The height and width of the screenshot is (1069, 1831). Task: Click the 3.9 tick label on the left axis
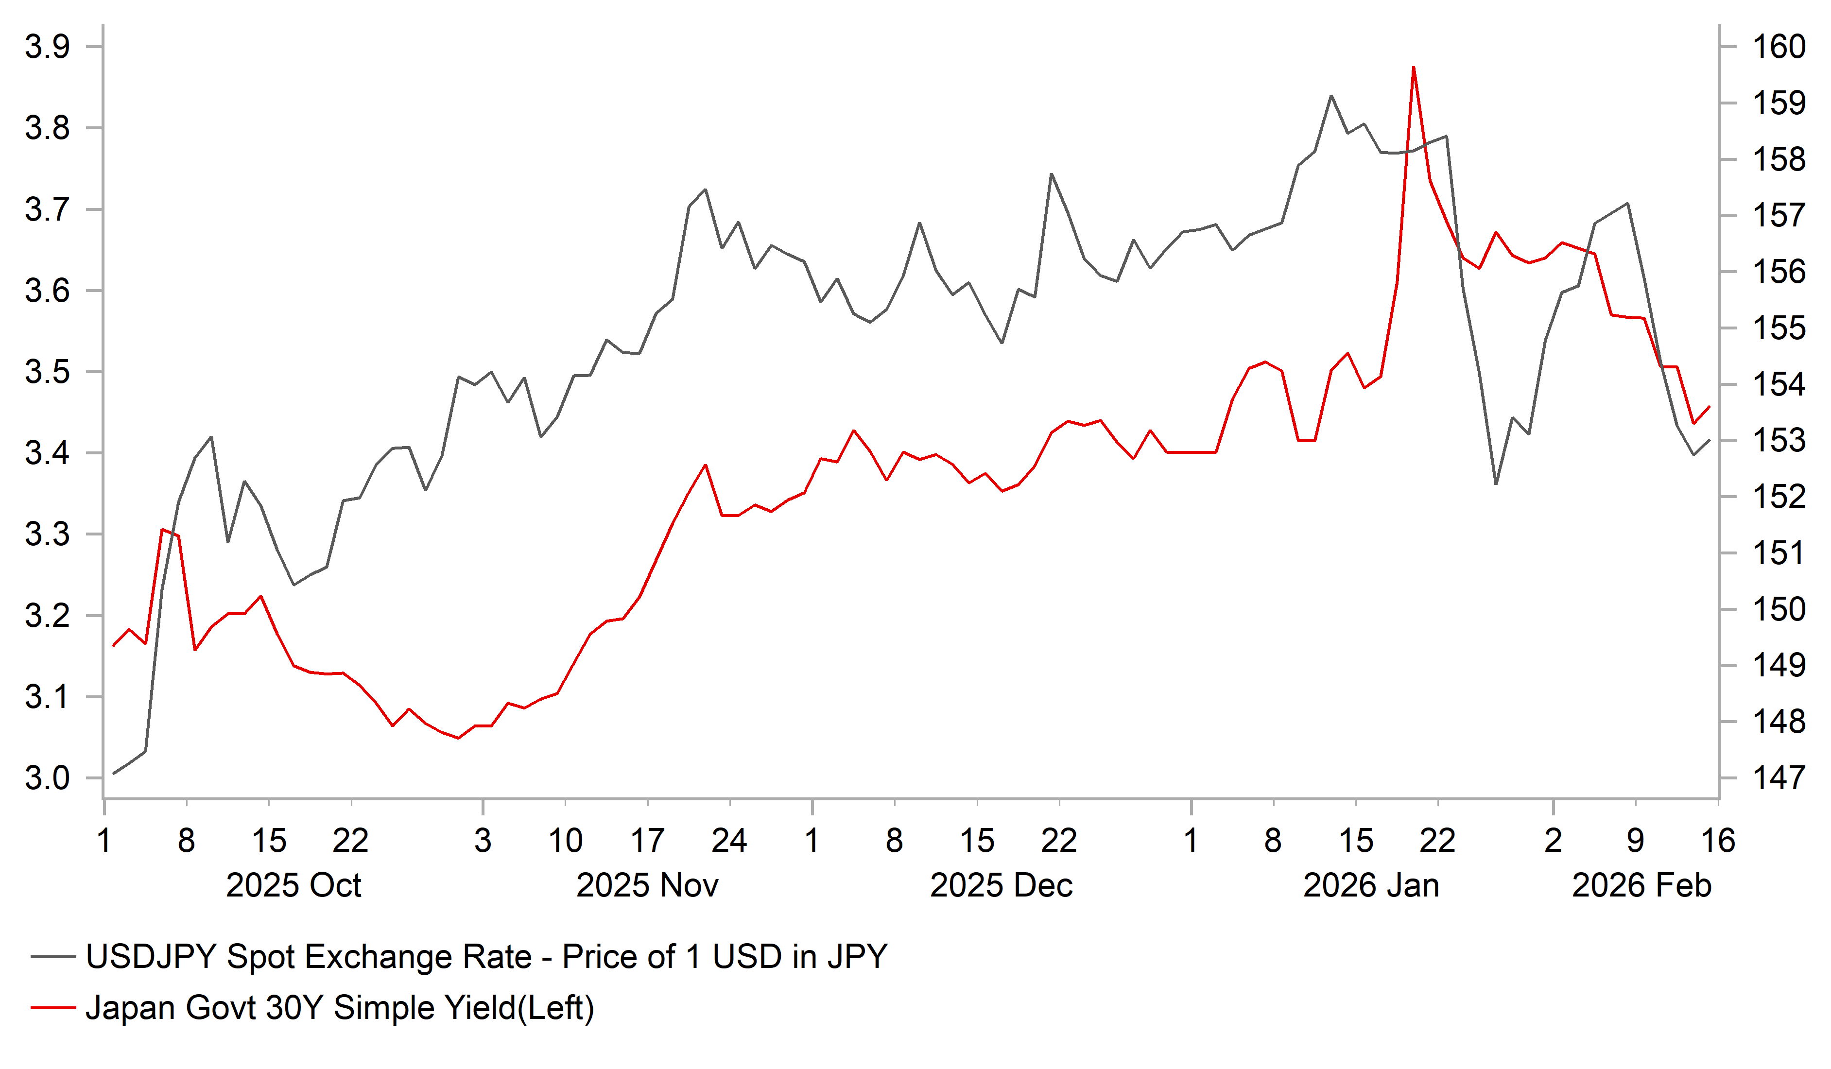pos(47,47)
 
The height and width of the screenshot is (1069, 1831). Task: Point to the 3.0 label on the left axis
pos(47,778)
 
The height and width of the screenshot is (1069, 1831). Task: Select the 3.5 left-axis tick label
pos(47,372)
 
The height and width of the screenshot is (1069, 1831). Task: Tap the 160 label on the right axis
pos(1779,47)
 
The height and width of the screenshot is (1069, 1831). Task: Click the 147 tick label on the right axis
pos(1779,778)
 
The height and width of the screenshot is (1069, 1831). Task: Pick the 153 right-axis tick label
pos(1779,440)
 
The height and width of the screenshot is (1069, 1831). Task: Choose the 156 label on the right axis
pos(1779,272)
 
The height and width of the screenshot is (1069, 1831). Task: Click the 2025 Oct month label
pos(294,886)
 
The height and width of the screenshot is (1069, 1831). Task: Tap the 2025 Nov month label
pos(647,886)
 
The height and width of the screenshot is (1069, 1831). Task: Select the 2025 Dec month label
pos(1001,886)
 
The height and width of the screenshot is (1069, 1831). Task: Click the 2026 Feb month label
pos(1641,886)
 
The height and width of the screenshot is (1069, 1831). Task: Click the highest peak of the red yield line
pos(1413,68)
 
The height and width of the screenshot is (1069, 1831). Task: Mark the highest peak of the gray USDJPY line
pos(1331,96)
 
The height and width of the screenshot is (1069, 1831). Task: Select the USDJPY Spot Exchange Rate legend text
pos(486,957)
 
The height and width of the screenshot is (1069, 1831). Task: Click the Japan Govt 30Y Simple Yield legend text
pos(339,1008)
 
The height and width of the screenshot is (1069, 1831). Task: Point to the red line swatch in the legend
pos(53,1008)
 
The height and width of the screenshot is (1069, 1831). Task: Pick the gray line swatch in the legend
pos(53,957)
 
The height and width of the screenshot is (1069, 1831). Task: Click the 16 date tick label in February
pos(1718,841)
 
